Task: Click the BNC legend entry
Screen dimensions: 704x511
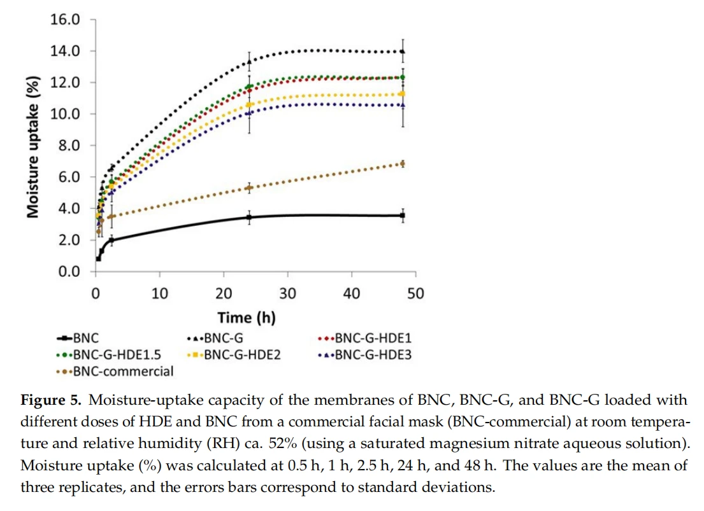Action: click(78, 338)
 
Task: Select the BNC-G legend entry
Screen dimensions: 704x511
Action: click(215, 338)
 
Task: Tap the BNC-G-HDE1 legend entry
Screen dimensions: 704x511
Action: click(364, 338)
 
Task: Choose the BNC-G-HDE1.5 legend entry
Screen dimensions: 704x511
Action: click(109, 354)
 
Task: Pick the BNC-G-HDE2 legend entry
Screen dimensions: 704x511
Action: click(234, 354)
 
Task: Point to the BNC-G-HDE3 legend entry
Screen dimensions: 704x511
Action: click(364, 354)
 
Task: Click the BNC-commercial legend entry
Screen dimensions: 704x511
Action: click(115, 371)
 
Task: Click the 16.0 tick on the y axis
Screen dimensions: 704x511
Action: click(65, 19)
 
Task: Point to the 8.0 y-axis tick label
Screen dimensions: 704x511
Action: click(69, 145)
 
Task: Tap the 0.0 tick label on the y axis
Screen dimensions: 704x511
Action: click(69, 272)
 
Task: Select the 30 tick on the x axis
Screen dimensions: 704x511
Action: click(288, 293)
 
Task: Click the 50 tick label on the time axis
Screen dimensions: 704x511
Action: click(415, 293)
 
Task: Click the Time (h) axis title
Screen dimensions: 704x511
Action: click(247, 318)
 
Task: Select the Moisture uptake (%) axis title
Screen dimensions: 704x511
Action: click(32, 147)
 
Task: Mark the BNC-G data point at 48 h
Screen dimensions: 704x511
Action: click(403, 52)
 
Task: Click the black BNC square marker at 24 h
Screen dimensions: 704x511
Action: click(249, 217)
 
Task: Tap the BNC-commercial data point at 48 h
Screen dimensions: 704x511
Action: click(403, 164)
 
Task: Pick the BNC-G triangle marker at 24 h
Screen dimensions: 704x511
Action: click(249, 62)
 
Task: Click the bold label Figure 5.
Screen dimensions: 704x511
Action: click(51, 400)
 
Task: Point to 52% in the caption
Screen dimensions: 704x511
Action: click(283, 444)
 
